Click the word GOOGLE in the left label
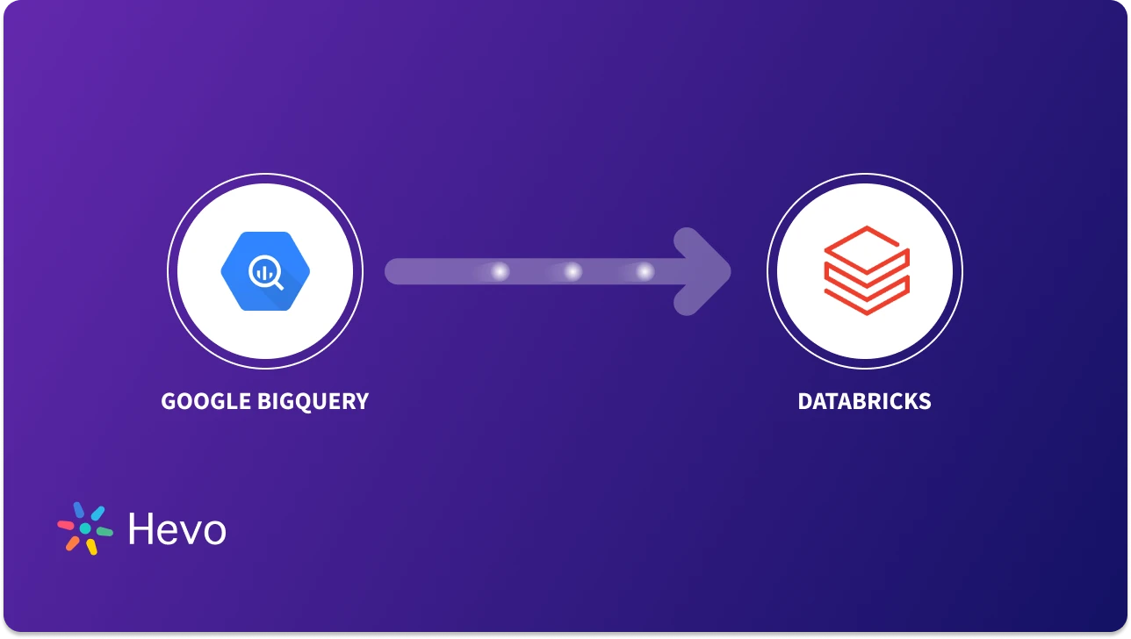pos(205,402)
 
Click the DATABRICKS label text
pos(864,402)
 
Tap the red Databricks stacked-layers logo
pos(866,270)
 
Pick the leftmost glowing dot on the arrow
pos(499,272)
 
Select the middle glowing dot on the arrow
pos(572,272)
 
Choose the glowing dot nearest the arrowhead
pos(645,272)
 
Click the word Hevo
pos(176,529)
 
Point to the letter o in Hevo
pos(213,532)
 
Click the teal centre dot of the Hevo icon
pos(85,529)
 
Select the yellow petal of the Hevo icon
pos(90,547)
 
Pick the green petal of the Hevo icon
pos(104,532)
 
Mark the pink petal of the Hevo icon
pos(66,525)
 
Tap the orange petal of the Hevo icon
pos(72,543)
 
